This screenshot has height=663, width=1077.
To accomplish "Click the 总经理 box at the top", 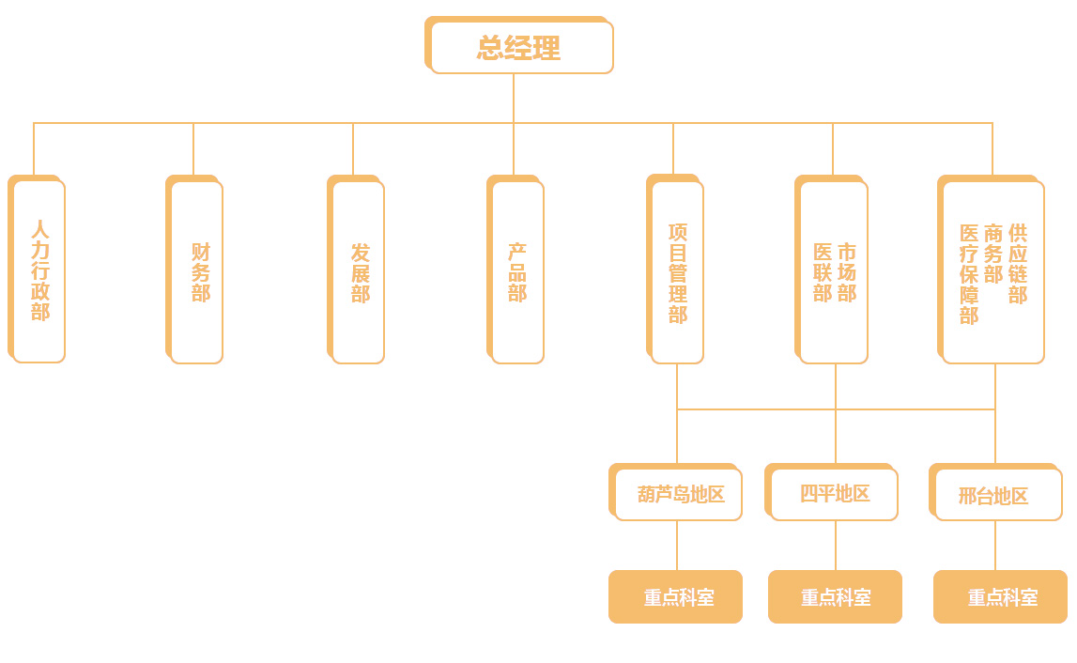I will point(519,47).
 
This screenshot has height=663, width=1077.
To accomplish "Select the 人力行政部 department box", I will point(38,270).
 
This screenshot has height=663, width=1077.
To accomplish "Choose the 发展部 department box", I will point(359,271).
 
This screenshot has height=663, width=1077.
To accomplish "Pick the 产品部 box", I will point(517,271).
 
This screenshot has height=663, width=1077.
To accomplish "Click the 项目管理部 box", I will point(677,271).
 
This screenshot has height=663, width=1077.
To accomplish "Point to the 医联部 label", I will point(823,272).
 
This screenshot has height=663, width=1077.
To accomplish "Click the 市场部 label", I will point(847,272).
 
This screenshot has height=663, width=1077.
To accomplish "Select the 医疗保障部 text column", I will point(969,274).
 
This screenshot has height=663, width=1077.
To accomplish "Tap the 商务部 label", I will point(993,254).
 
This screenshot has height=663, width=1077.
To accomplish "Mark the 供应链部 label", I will point(1018,264).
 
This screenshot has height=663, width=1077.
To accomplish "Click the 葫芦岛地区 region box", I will point(679,494).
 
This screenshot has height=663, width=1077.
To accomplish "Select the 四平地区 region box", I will point(835,494).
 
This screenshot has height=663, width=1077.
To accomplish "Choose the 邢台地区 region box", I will point(998,495).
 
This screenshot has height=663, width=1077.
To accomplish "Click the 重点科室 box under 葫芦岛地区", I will point(676,597).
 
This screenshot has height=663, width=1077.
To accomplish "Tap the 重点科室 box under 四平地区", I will point(836,597).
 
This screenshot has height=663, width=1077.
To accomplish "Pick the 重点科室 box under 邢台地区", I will point(1001,597).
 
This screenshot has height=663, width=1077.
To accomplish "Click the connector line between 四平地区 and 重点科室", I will point(836,546).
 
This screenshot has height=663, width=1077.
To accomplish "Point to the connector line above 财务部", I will point(193,148).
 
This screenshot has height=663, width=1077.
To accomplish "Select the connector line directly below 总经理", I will point(514,98).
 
